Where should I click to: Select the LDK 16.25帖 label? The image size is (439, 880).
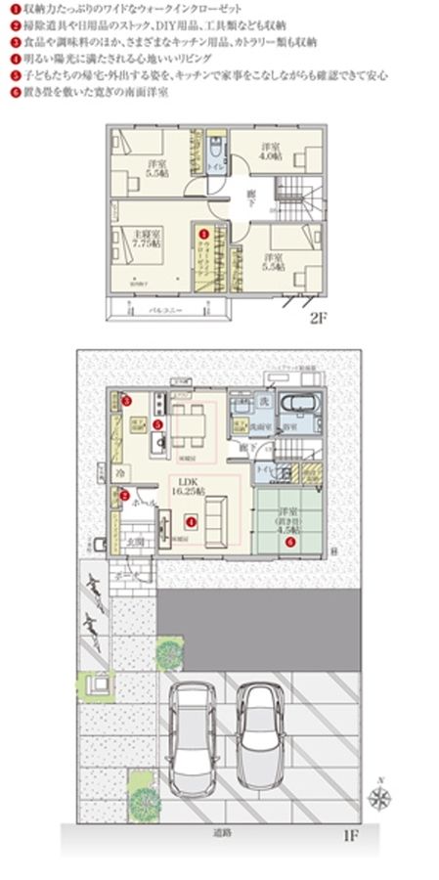pos(185,487)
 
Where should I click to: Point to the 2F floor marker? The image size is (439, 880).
pos(317,319)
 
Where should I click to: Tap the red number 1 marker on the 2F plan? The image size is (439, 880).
pos(204,235)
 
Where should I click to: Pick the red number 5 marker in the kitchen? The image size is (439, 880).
pos(127,398)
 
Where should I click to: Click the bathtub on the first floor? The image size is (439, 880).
pos(295,406)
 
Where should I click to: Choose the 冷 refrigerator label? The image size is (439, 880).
pos(118,472)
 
